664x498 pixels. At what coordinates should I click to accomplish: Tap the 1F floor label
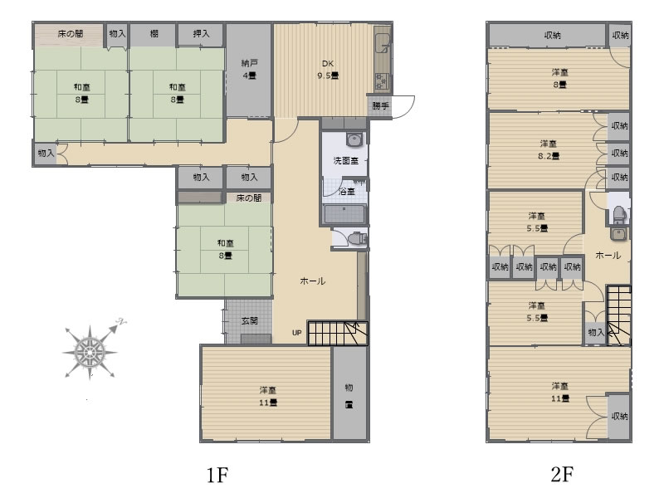[217, 475]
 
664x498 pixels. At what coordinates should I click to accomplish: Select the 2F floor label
[562, 474]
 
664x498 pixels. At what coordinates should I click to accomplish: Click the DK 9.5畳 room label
[328, 70]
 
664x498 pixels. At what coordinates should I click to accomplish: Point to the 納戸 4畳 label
[249, 70]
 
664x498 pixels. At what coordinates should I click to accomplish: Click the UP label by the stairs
[297, 333]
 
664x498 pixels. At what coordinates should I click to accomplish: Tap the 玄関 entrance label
[250, 321]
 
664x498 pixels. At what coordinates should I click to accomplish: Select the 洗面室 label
[345, 160]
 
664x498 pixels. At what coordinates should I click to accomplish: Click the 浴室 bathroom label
[347, 192]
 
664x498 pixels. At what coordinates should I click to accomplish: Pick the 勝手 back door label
[380, 106]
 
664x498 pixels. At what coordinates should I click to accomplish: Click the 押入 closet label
[201, 33]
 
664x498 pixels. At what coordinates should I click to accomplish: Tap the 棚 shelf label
[154, 33]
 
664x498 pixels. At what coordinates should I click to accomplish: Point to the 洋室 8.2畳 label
[549, 150]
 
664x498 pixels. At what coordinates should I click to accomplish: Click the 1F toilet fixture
[357, 238]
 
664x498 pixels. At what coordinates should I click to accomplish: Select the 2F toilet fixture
[618, 215]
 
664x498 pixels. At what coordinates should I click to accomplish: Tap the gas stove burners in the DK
[382, 81]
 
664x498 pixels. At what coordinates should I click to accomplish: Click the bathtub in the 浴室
[344, 214]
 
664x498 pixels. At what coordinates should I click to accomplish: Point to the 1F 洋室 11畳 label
[268, 397]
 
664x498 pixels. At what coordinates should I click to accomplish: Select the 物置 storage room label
[349, 396]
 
